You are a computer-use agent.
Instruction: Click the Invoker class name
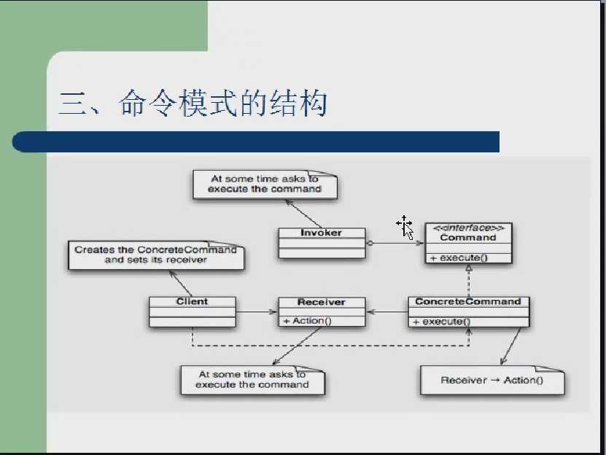(321, 233)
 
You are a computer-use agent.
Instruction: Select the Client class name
(192, 302)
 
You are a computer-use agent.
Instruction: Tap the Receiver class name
(322, 302)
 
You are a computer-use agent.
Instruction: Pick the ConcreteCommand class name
(468, 302)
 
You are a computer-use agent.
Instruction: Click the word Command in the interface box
(468, 238)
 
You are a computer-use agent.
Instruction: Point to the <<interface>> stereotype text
(468, 228)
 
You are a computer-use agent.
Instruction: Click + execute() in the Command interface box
(459, 258)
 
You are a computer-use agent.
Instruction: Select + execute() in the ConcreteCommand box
(442, 322)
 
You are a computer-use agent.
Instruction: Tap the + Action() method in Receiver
(308, 321)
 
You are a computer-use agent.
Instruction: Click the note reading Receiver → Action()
(492, 381)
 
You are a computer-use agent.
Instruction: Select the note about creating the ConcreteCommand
(156, 255)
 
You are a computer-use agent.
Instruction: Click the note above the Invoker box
(265, 184)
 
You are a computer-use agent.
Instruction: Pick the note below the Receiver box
(253, 380)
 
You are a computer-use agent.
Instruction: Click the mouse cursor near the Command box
(405, 228)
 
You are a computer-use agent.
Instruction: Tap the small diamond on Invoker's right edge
(370, 243)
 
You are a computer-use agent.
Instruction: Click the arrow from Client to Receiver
(257, 311)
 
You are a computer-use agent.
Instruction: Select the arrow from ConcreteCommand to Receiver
(387, 311)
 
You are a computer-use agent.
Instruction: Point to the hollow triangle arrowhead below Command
(469, 268)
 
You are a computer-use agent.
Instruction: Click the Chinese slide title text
(193, 104)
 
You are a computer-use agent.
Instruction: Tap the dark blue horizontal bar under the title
(255, 142)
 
